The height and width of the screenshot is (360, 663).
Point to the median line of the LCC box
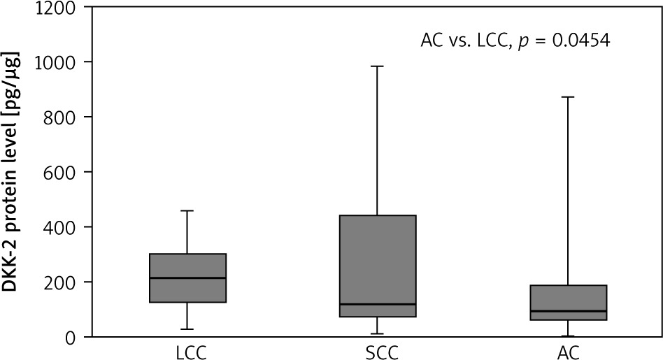pos(187,278)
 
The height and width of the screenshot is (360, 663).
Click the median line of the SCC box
pos(378,304)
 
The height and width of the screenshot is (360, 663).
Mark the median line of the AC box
pos(568,311)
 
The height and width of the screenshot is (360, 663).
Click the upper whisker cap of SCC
pos(378,66)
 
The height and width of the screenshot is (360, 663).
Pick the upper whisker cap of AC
pos(568,97)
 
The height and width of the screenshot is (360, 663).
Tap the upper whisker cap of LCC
pos(187,210)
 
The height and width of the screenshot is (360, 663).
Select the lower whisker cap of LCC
pos(187,329)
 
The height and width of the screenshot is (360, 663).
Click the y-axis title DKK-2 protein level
pos(12,171)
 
